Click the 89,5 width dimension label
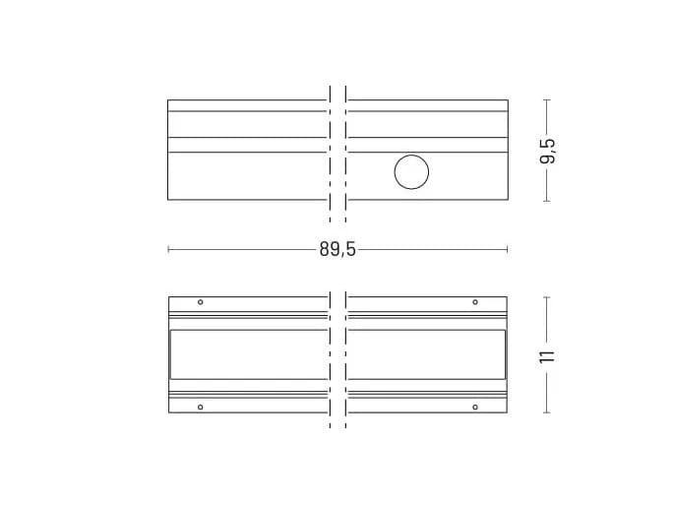click(x=337, y=249)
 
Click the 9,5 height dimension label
click(x=547, y=151)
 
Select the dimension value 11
click(x=547, y=357)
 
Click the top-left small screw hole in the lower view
click(x=201, y=302)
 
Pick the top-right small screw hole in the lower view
click(x=475, y=302)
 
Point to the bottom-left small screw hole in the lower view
click(x=201, y=408)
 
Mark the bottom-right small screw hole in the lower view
click(x=475, y=408)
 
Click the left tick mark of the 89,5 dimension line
click(x=168, y=249)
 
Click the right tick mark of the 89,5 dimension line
click(x=508, y=249)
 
